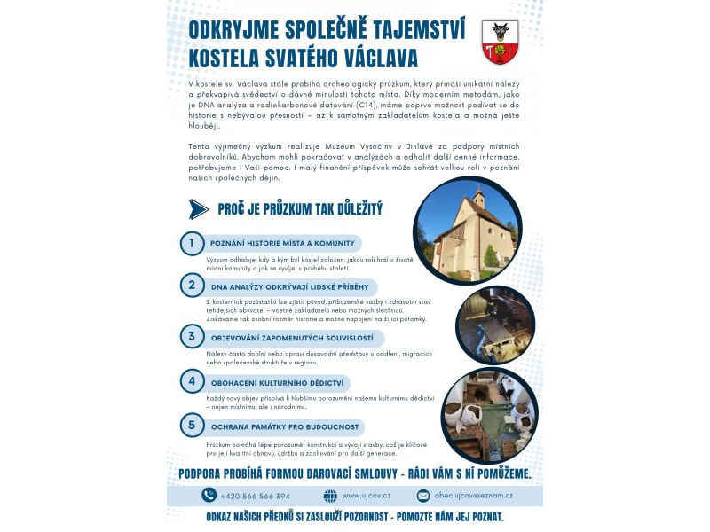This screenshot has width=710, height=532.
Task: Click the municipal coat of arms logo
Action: click(500, 42)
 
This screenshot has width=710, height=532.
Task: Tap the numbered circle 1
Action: click(191, 243)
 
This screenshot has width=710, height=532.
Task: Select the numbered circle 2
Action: click(191, 286)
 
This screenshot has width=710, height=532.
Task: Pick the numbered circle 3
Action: click(191, 336)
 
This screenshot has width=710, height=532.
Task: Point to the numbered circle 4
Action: click(191, 381)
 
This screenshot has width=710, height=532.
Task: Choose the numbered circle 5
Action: click(191, 425)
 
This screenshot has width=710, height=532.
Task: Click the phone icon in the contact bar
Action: click(209, 496)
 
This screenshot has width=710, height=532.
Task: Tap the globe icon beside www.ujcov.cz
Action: click(330, 496)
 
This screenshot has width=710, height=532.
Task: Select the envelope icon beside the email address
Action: click(423, 496)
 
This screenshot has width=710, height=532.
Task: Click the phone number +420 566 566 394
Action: click(256, 496)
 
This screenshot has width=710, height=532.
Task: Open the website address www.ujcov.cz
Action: click(366, 496)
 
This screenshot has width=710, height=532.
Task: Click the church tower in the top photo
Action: click(479, 199)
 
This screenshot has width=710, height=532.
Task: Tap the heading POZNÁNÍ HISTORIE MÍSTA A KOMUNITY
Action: click(282, 243)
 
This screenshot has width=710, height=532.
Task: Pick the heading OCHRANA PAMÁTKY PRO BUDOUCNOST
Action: click(284, 426)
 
